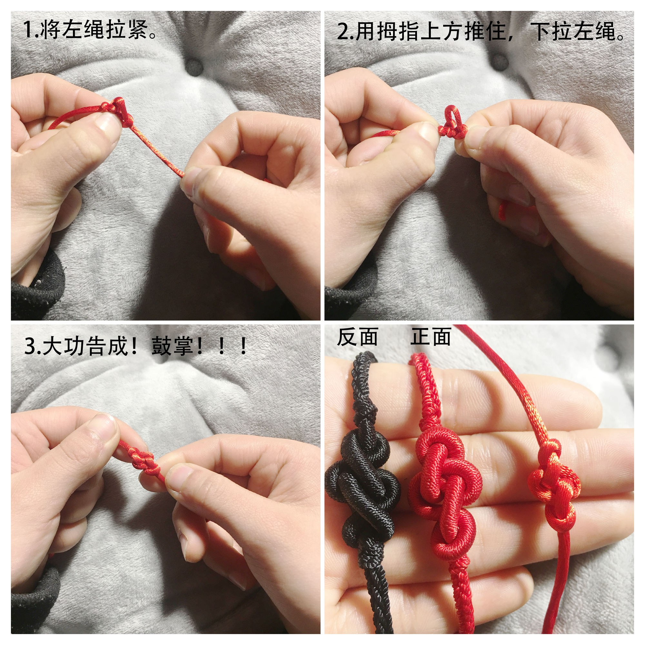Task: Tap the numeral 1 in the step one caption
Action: click(28, 30)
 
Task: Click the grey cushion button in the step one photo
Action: click(194, 67)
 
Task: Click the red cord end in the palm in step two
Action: click(501, 210)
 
